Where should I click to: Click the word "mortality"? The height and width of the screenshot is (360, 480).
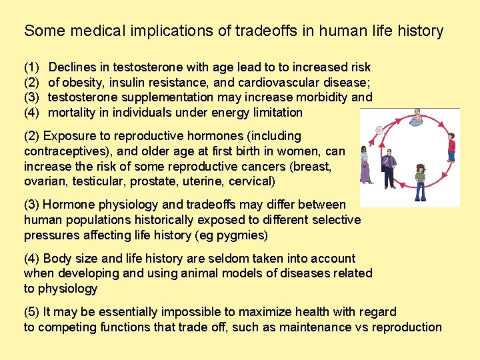point(74,113)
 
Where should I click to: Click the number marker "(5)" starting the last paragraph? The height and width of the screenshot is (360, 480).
point(31,311)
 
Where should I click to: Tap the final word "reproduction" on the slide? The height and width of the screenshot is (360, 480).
point(407,327)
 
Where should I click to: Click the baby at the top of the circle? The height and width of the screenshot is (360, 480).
point(417,117)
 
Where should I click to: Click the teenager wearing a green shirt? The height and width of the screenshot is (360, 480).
point(420,181)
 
